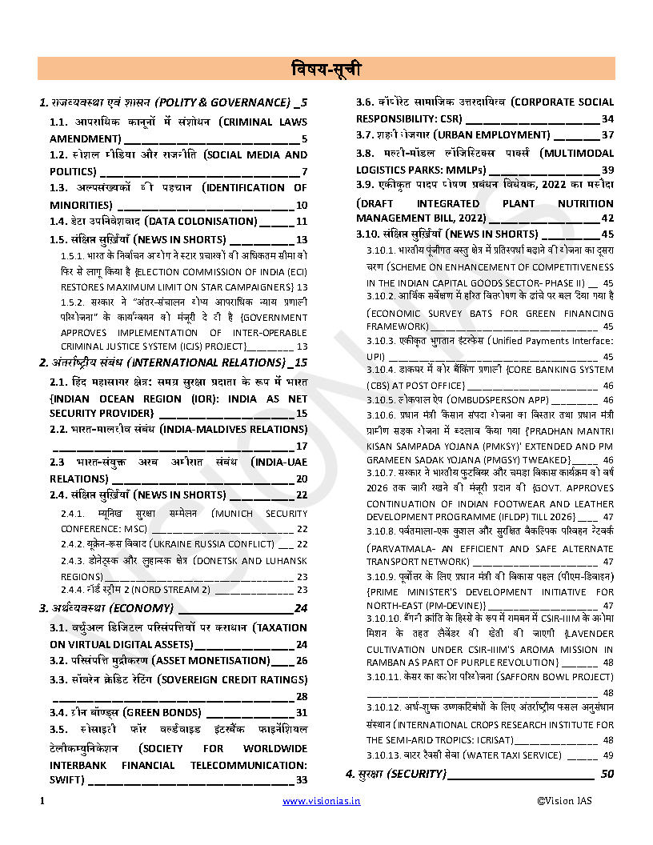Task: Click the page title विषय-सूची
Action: [x=326, y=70]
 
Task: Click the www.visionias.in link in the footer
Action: [x=321, y=800]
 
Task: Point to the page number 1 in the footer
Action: [x=41, y=800]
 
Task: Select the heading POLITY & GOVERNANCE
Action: [x=223, y=102]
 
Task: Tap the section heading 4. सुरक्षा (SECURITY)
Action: [x=395, y=774]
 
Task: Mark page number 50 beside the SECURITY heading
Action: [x=607, y=774]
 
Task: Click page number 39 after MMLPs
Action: [x=607, y=170]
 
